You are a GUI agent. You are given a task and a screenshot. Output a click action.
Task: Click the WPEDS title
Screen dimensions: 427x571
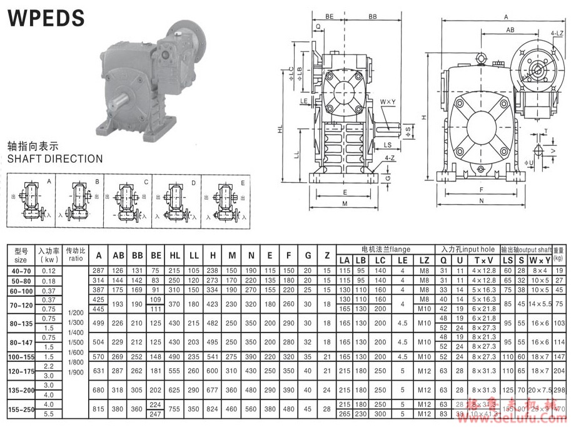tap(46, 18)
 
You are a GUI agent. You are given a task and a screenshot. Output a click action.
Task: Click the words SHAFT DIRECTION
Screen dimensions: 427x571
tap(55, 159)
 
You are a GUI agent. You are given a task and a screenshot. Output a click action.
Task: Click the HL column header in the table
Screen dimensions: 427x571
tap(174, 255)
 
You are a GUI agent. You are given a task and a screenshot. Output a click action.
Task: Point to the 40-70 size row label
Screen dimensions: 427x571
tap(20, 270)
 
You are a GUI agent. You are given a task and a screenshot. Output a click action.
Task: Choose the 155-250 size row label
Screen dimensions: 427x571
tap(20, 408)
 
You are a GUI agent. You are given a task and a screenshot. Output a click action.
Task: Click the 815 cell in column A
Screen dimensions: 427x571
tap(98, 408)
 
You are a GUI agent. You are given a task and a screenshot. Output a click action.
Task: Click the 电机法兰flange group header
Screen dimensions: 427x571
tap(385, 250)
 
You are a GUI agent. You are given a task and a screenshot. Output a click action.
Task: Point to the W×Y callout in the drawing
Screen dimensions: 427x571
tap(387, 102)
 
